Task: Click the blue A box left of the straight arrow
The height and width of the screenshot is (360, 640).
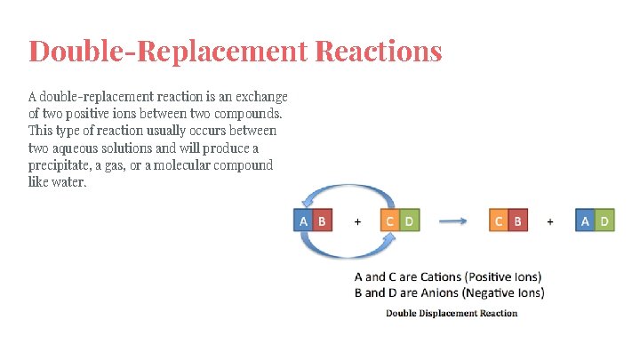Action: point(304,220)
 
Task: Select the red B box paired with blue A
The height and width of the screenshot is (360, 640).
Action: point(322,220)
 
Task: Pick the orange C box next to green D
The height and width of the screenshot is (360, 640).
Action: point(390,220)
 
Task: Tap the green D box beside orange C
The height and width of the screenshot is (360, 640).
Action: point(409,220)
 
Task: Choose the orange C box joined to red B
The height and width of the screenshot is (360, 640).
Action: point(499,220)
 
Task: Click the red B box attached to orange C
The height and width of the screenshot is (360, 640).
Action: point(517,220)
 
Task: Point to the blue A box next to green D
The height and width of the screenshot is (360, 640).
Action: point(585,220)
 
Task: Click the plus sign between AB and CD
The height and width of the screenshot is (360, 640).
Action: point(357,221)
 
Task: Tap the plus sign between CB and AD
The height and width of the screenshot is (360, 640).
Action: point(550,221)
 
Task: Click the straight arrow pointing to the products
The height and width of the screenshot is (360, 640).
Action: point(454,221)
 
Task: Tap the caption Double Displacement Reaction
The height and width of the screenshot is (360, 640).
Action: point(451,313)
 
